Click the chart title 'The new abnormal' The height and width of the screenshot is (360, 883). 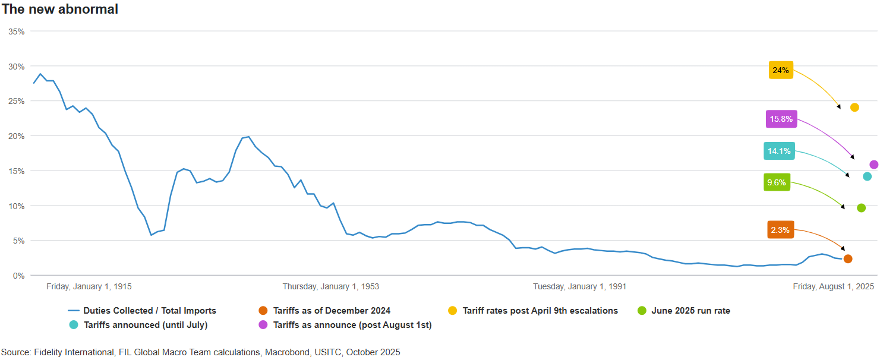60,10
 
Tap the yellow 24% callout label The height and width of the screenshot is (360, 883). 780,70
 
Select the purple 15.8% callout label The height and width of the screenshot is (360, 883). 781,119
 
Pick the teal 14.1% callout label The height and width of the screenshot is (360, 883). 779,151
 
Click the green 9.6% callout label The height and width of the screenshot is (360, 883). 777,182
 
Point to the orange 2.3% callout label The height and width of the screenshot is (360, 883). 780,230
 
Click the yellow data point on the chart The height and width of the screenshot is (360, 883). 854,108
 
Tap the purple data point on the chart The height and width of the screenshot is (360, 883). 873,165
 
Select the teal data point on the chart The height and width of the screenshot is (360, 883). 867,176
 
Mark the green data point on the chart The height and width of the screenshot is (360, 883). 861,208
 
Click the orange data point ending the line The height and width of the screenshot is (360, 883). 848,259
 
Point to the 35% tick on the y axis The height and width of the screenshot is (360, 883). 16,31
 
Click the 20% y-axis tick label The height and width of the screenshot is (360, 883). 16,136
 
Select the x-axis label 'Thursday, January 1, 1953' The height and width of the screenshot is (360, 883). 330,286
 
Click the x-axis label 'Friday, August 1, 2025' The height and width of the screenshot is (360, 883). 833,286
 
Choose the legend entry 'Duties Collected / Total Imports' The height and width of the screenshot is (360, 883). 149,311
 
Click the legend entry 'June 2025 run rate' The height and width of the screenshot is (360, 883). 690,311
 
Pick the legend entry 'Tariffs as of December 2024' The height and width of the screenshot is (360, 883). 332,311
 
